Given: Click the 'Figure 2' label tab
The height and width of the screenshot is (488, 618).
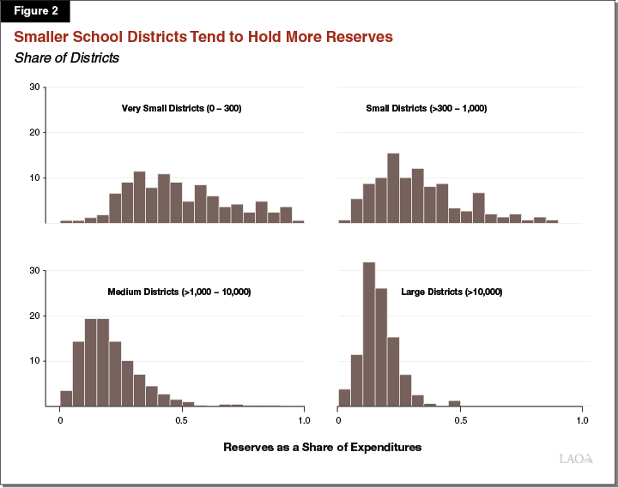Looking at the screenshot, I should (34, 11).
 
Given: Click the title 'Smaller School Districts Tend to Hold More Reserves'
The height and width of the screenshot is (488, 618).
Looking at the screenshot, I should (203, 38).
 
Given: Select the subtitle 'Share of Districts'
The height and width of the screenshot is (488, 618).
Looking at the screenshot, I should (65, 58).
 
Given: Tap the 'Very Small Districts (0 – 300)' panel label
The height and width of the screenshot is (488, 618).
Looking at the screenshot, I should (181, 109).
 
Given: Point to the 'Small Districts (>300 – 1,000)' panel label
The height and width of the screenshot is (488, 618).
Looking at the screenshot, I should (427, 109).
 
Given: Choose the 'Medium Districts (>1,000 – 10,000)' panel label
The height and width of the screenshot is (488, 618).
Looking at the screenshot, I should (179, 292).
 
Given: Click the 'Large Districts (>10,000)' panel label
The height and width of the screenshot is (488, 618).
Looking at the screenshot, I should (451, 292).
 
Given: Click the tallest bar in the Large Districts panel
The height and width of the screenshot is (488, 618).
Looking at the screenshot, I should (369, 334).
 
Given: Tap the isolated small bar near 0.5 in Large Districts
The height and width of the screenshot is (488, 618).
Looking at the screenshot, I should (454, 403).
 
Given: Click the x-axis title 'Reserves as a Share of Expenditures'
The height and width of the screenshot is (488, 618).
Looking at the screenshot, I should (323, 448).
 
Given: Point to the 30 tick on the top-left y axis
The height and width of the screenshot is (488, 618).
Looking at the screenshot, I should (34, 87).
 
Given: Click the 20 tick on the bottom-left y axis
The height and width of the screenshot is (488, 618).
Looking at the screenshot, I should (34, 316).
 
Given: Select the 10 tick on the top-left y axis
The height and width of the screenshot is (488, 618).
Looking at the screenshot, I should (34, 178).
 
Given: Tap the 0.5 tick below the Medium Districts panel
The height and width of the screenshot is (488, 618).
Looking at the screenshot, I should (181, 421).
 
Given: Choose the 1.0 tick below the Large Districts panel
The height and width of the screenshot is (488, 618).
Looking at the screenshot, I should (581, 421).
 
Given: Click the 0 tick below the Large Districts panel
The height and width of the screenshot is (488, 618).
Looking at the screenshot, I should (338, 421).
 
